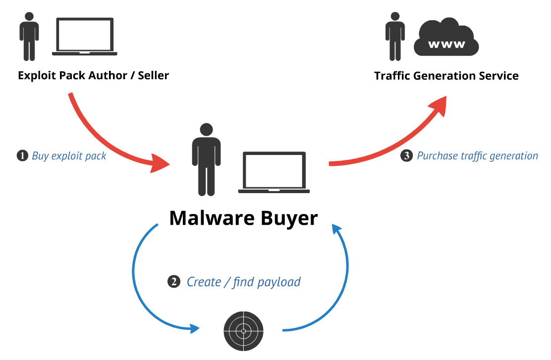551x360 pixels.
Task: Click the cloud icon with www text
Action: (446, 40)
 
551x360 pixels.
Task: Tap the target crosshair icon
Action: (243, 330)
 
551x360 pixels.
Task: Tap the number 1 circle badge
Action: (23, 156)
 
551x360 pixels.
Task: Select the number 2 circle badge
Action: (173, 282)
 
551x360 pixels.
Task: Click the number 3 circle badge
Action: (406, 156)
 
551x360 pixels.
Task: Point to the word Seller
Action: (153, 76)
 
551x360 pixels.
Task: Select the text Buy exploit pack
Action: (69, 156)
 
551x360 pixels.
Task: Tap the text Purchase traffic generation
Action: (477, 156)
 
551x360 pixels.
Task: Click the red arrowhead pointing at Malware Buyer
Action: (160, 164)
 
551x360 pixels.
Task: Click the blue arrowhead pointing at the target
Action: (195, 328)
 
